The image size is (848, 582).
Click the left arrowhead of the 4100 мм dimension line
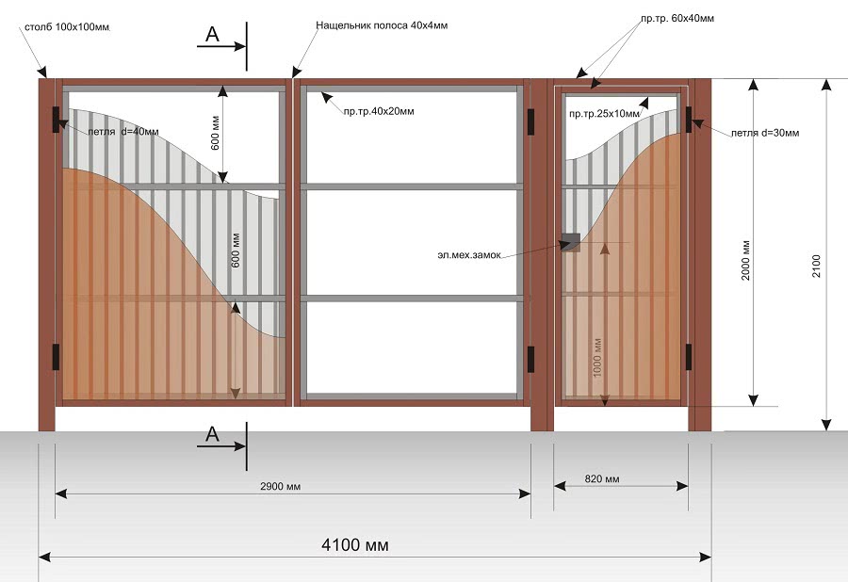(40, 558)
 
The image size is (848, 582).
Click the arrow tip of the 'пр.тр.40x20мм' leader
(321, 93)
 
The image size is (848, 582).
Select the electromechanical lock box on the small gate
(570, 241)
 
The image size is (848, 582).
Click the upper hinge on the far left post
(56, 120)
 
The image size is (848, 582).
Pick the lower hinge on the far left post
(56, 357)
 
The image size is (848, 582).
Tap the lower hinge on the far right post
(689, 357)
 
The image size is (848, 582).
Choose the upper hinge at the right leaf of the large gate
(530, 121)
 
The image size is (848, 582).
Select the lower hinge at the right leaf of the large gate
(530, 360)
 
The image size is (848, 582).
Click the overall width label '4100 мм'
(355, 544)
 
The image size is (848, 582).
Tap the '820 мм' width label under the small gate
(602, 478)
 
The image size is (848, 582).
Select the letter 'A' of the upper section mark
(213, 35)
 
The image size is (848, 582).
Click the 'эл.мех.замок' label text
(469, 254)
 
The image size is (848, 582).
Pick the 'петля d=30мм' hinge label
(765, 133)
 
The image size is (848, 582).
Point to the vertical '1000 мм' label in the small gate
(597, 358)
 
